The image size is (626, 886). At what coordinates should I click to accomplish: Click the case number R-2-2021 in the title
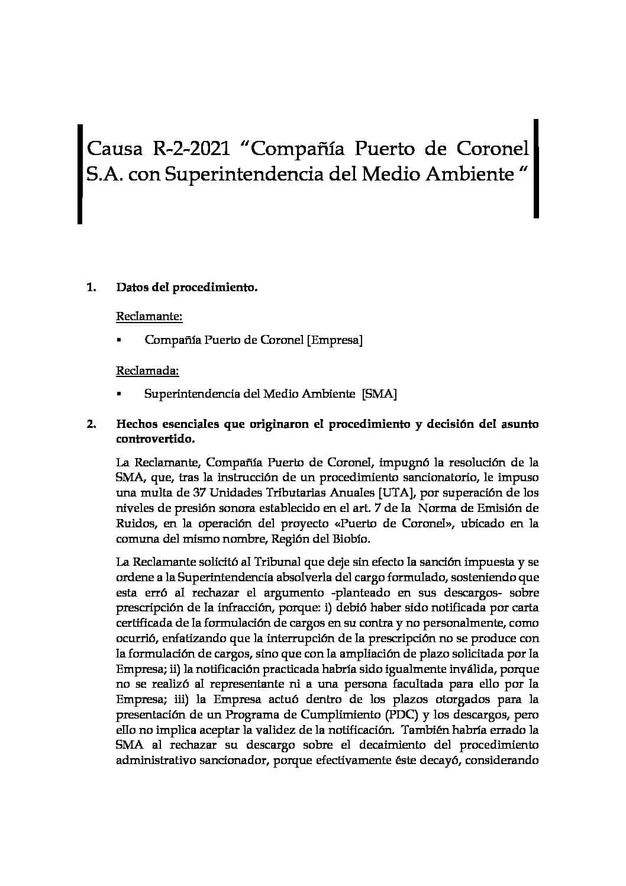192,147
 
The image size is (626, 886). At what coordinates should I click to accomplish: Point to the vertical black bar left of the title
79,173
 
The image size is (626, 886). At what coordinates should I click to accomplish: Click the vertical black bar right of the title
536,169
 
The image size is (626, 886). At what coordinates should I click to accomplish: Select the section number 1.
91,288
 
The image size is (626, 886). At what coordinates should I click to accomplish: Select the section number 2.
91,424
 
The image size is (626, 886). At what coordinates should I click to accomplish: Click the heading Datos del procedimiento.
186,288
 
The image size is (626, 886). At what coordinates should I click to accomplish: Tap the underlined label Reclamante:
149,316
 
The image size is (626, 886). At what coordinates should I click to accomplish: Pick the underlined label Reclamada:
147,371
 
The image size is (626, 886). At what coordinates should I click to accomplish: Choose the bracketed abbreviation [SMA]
379,394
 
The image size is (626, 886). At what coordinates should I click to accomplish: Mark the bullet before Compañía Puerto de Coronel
119,340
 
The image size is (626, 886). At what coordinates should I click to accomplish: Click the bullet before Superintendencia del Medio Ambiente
119,395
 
